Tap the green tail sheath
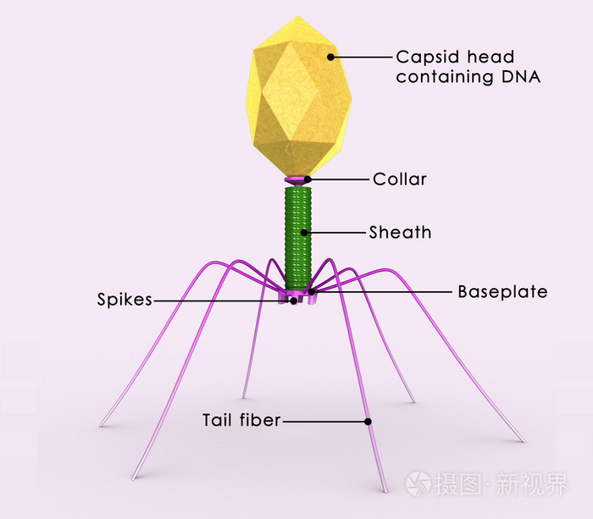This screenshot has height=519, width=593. (x=297, y=237)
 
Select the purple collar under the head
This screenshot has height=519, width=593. (x=296, y=181)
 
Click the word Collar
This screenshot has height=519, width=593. (x=400, y=179)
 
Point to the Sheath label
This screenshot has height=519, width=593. (x=400, y=232)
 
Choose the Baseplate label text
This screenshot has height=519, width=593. (x=502, y=292)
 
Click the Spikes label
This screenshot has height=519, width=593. (x=125, y=300)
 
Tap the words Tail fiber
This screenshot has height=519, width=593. (x=241, y=420)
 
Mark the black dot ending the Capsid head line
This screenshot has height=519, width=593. (x=331, y=58)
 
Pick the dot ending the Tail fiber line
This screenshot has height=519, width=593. (x=369, y=421)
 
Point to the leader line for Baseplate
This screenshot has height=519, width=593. (x=381, y=292)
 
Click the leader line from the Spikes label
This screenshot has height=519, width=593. (x=220, y=300)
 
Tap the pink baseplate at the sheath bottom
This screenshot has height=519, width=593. (x=296, y=294)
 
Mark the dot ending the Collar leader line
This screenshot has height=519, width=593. (x=308, y=179)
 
